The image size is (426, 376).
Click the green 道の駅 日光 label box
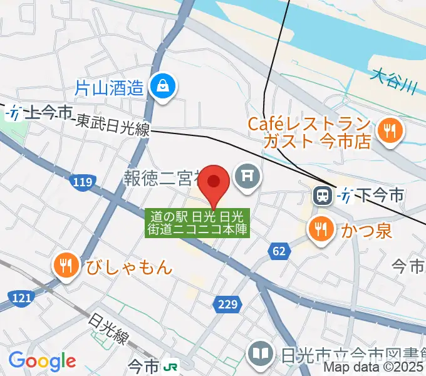[x=198, y=222]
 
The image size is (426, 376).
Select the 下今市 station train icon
[x=323, y=196]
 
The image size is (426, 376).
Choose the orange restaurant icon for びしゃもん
[x=65, y=266]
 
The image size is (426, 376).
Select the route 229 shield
[x=228, y=305]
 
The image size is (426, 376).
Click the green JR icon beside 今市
[x=170, y=365]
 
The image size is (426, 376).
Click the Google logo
[x=42, y=361]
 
